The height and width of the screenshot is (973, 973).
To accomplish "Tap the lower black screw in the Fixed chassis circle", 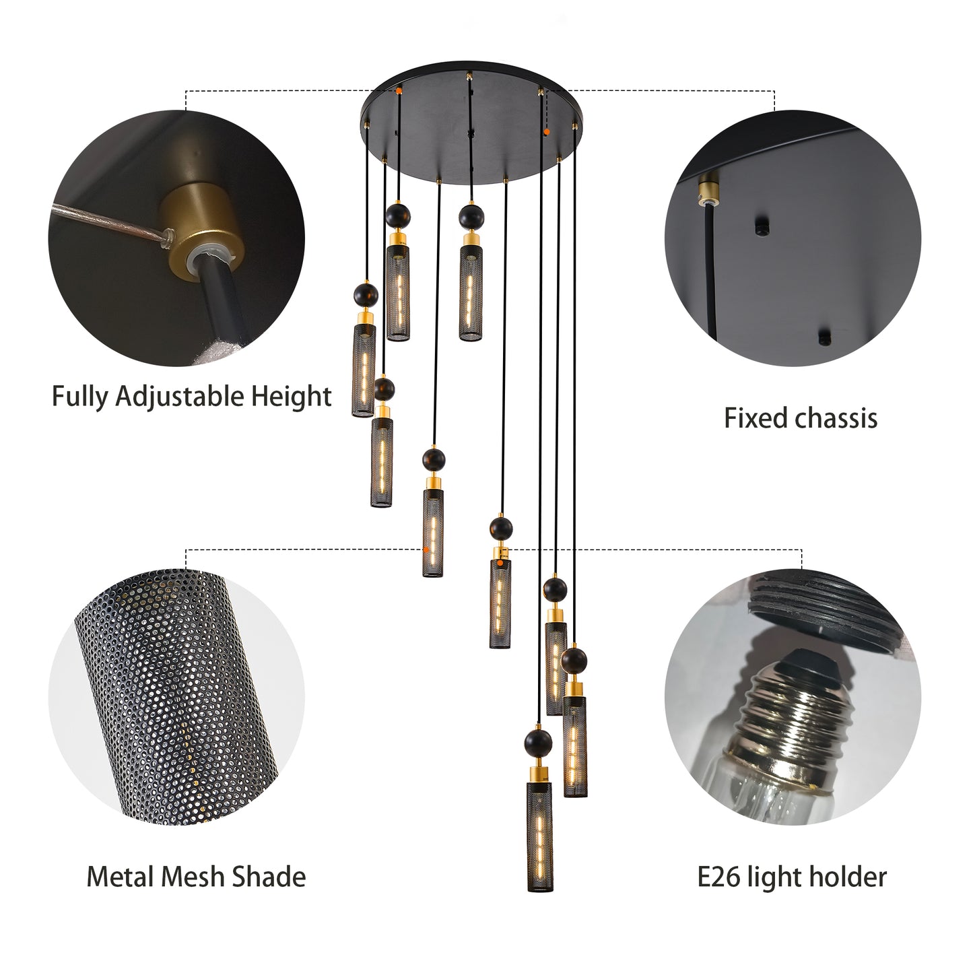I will click(x=823, y=336).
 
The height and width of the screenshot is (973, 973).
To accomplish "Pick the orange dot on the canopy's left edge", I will click(x=399, y=88).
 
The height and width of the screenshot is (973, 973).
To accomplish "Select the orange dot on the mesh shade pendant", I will click(x=426, y=551).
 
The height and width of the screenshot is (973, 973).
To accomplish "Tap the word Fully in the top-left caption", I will click(x=80, y=397).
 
